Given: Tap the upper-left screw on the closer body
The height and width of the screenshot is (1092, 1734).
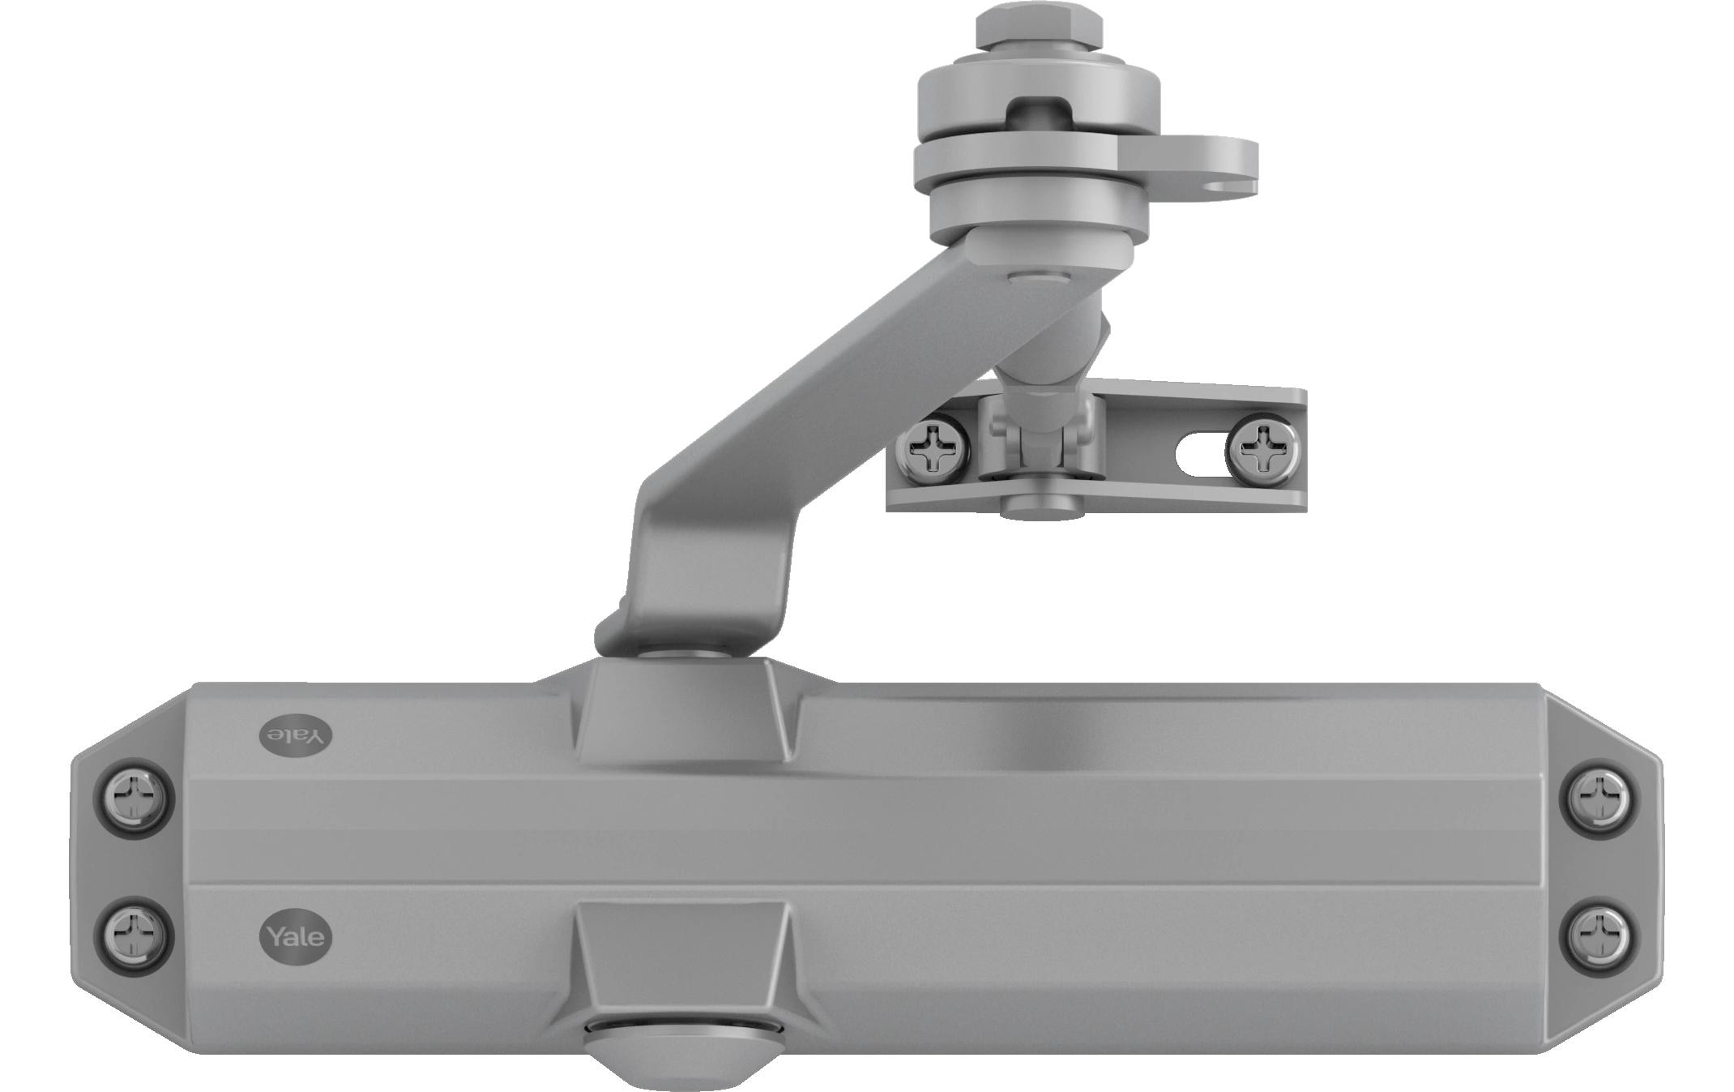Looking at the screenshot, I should pos(134,798).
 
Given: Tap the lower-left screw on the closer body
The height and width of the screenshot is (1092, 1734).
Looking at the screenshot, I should pos(134,936).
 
